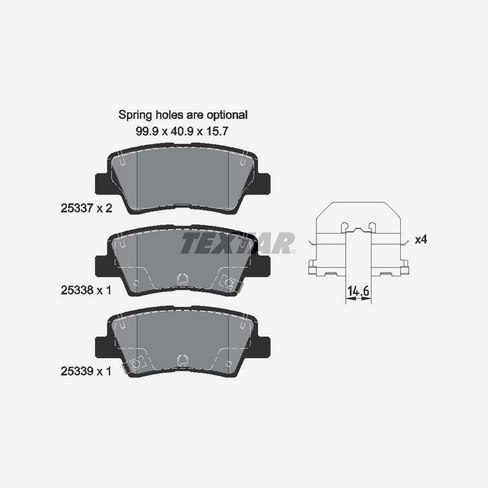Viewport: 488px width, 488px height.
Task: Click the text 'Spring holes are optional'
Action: tap(183, 115)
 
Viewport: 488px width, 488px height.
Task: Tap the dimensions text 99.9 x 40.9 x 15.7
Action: tap(182, 131)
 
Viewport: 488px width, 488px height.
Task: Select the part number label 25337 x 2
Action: tap(86, 208)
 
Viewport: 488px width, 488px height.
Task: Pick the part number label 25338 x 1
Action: tap(86, 290)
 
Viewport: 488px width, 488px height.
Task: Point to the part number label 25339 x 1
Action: tap(86, 371)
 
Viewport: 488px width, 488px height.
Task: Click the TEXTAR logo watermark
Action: tap(238, 243)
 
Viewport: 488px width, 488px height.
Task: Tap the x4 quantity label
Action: tap(421, 240)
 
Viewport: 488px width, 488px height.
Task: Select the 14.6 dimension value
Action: tap(358, 291)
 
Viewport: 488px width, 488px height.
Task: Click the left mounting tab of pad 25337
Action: tap(101, 184)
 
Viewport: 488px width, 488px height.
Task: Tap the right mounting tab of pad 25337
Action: tap(264, 184)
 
